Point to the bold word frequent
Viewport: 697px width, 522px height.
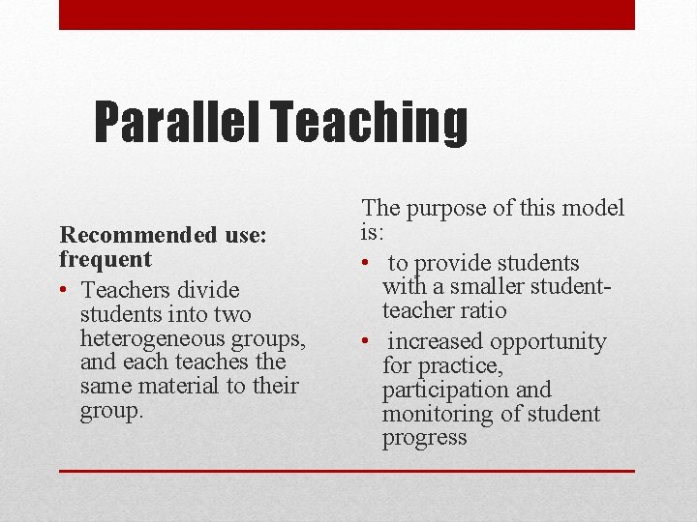[x=106, y=259]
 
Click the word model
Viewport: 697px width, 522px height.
[x=593, y=208]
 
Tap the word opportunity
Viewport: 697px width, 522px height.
[x=548, y=342]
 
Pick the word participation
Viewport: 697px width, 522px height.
[x=445, y=390]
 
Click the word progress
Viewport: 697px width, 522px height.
[x=424, y=438]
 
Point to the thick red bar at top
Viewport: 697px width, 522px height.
[x=347, y=14]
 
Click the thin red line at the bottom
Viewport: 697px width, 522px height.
[x=347, y=471]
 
